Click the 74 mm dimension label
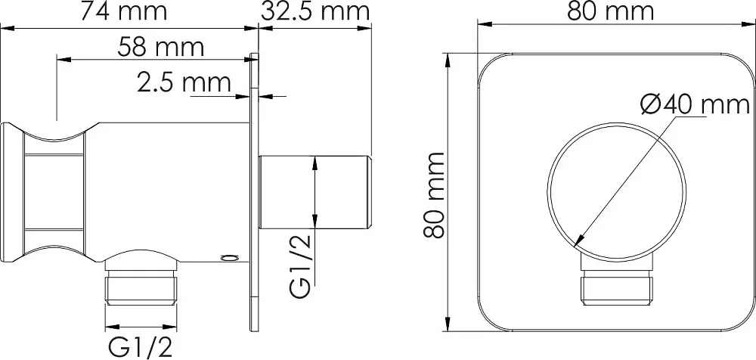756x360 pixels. click(123, 11)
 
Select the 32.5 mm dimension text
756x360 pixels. click(314, 11)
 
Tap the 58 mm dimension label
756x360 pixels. click(160, 48)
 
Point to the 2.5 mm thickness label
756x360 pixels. click(184, 82)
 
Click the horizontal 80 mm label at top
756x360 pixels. click(610, 11)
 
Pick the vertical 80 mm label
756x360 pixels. click(434, 195)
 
